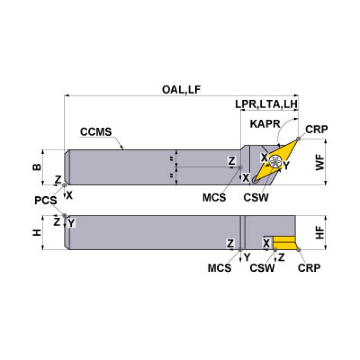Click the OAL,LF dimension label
[x=181, y=90]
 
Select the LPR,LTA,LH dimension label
[x=266, y=104]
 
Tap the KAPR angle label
[x=265, y=124]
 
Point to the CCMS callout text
[x=96, y=132]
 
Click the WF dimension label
[x=320, y=162]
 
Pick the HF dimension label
[x=320, y=233]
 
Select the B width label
[x=37, y=167]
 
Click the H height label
[x=37, y=233]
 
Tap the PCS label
[x=46, y=200]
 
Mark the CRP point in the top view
[x=299, y=138]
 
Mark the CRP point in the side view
[x=299, y=250]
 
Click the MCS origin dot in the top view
[x=240, y=167]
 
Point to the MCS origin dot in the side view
[x=240, y=250]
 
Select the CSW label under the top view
[x=256, y=198]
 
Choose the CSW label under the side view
[x=262, y=268]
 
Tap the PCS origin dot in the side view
[x=65, y=215]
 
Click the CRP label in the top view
[x=316, y=130]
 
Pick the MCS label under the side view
[x=219, y=268]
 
